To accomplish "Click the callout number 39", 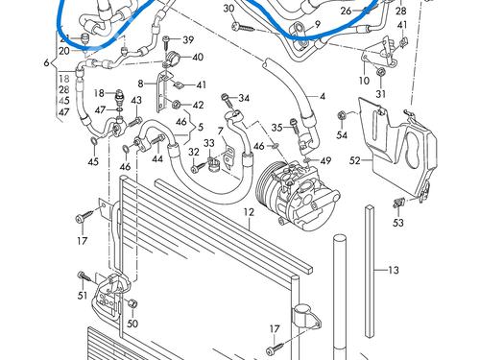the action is pyautogui.click(x=188, y=39).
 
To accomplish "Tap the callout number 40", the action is pyautogui.click(x=198, y=58).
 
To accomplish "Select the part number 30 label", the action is pyautogui.click(x=228, y=9).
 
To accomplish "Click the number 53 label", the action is pyautogui.click(x=397, y=224).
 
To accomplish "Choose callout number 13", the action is pyautogui.click(x=393, y=271).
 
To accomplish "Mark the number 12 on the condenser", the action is pyautogui.click(x=248, y=211).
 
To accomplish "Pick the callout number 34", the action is pyautogui.click(x=244, y=98).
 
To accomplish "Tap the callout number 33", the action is pyautogui.click(x=208, y=144).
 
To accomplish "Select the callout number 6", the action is pyautogui.click(x=46, y=62).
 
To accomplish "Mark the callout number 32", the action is pyautogui.click(x=193, y=153).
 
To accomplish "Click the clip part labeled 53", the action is pyautogui.click(x=396, y=204).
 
